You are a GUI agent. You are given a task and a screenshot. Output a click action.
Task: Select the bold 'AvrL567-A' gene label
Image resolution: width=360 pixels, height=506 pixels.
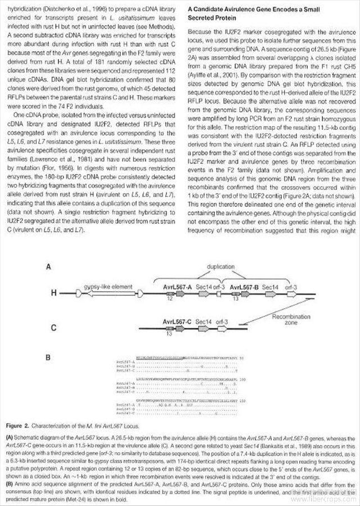[x=178, y=287]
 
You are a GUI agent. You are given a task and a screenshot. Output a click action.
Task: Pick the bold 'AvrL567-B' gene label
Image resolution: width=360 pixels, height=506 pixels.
[x=242, y=287]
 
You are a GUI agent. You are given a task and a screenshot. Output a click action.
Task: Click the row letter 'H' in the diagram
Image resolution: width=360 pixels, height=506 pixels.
[x=55, y=293]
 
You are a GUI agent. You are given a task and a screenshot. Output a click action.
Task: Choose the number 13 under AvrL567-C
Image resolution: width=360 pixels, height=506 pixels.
[x=169, y=335]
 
